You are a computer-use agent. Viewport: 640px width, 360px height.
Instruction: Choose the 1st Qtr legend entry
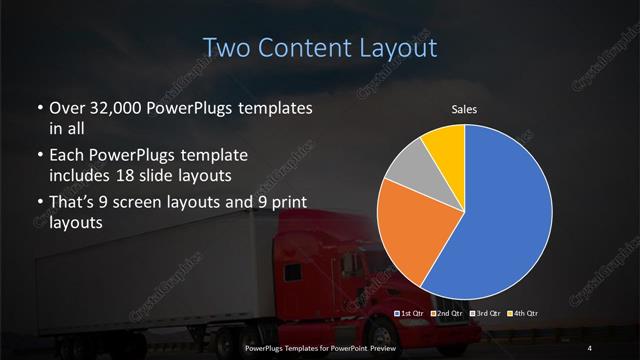[411, 314]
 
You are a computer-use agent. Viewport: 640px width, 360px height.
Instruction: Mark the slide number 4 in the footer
[590, 348]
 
